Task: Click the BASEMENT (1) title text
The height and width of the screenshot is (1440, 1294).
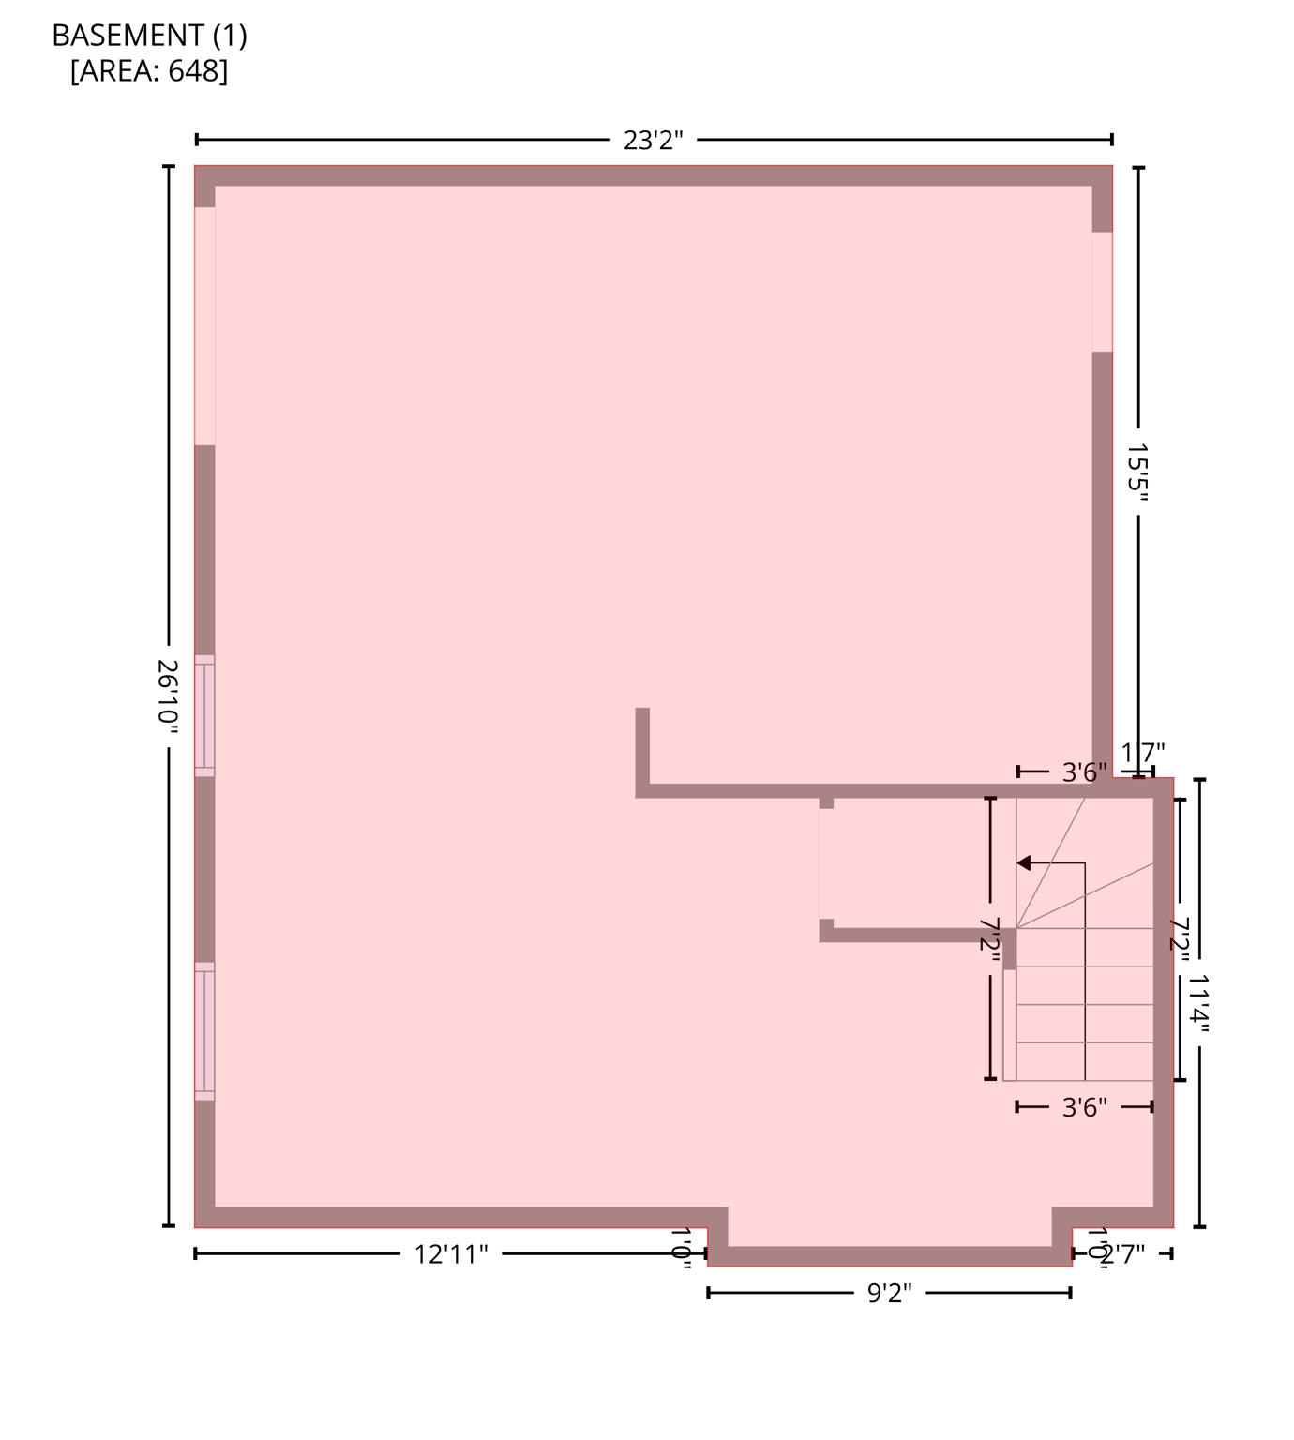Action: (149, 36)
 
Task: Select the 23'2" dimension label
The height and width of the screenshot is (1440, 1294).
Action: (653, 141)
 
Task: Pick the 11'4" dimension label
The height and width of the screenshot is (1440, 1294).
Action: (1199, 1002)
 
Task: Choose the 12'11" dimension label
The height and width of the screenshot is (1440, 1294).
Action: (451, 1254)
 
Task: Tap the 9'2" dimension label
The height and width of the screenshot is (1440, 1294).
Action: (889, 1294)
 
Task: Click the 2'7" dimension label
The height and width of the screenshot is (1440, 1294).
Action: (1122, 1254)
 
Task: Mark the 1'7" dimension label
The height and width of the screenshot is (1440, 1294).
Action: (1143, 753)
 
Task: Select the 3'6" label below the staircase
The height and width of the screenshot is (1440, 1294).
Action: (1084, 1107)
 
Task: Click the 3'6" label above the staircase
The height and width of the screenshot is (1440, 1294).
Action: (1084, 772)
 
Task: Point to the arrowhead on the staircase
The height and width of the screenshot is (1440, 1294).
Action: (1024, 862)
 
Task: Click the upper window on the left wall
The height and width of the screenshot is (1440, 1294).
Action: (204, 716)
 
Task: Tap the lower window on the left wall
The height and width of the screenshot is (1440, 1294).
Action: (204, 1031)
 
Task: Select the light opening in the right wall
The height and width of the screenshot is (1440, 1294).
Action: (1102, 292)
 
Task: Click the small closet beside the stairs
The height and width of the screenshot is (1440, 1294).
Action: (914, 862)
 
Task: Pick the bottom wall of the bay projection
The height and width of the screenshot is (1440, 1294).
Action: (889, 1256)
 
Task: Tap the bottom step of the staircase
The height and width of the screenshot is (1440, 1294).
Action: (1084, 1061)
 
